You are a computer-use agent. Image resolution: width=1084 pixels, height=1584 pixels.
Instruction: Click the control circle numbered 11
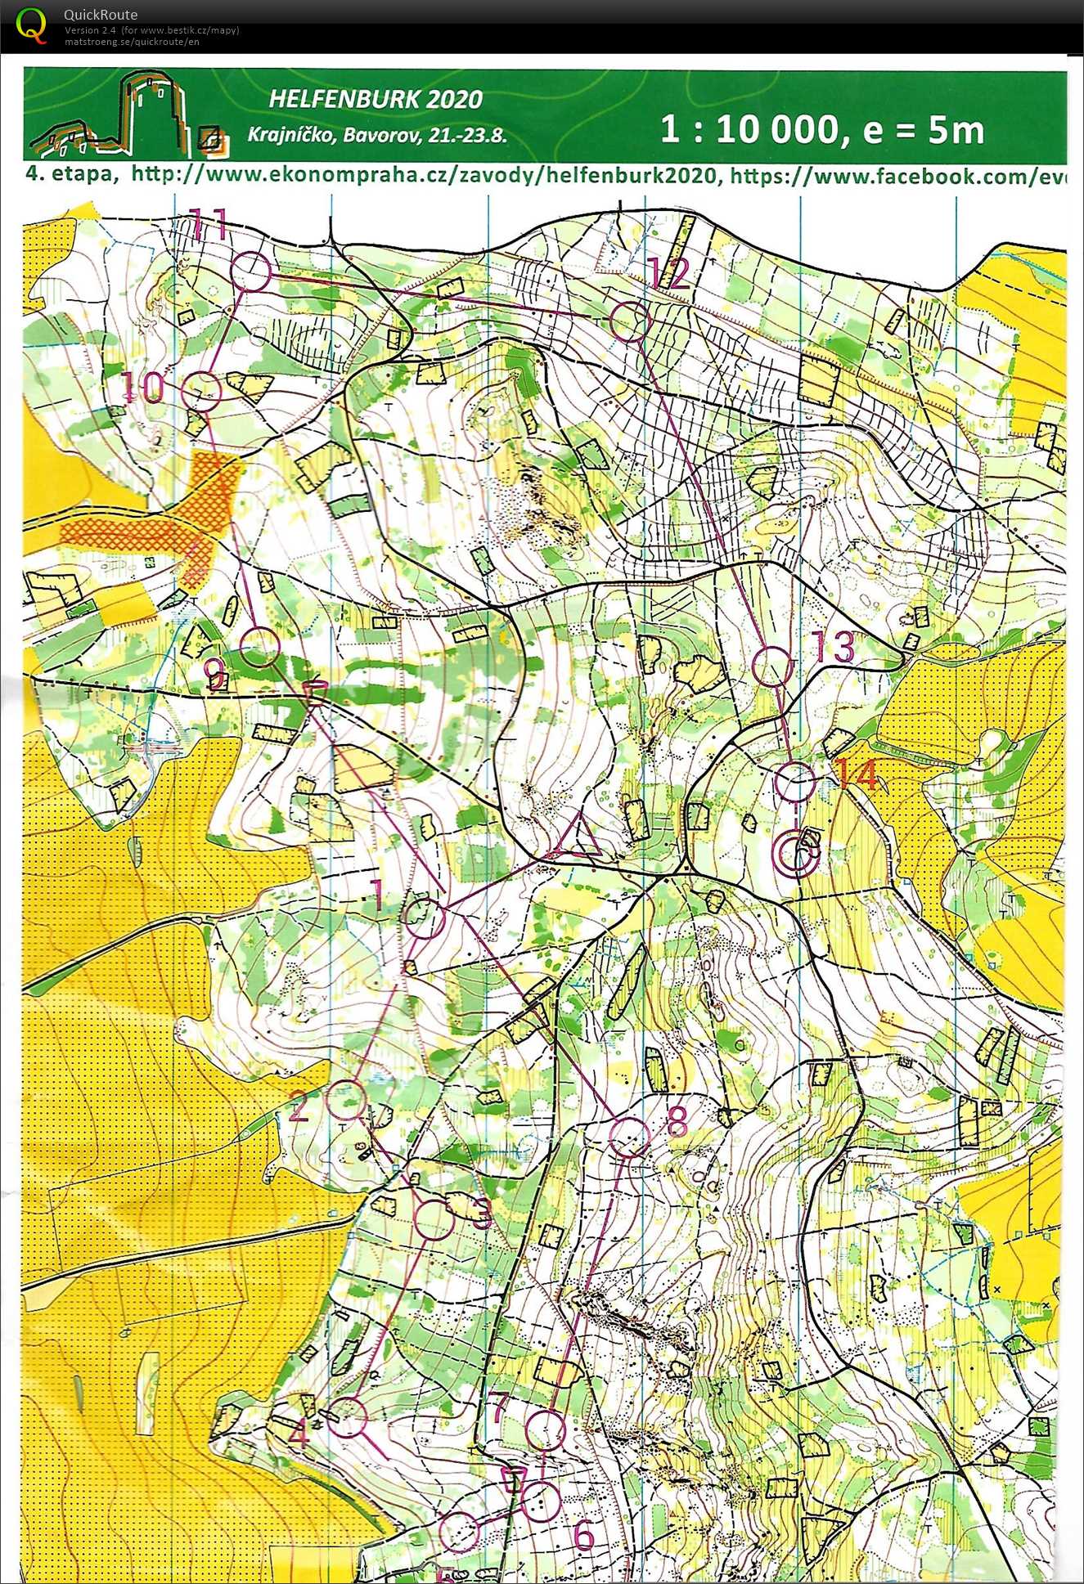click(x=251, y=271)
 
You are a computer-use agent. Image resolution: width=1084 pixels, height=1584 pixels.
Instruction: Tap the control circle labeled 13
click(x=772, y=666)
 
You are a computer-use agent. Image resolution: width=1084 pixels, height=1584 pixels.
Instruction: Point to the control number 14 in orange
click(x=857, y=774)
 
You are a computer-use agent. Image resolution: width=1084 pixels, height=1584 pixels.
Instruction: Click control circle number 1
click(x=425, y=918)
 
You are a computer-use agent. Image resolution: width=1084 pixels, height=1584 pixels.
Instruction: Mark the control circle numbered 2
click(x=345, y=1099)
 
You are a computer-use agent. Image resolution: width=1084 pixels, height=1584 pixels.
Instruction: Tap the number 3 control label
click(x=483, y=1214)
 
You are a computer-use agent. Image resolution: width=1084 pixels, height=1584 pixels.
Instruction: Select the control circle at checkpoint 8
click(x=630, y=1137)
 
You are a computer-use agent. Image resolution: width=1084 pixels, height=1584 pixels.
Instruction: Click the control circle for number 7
click(x=545, y=1430)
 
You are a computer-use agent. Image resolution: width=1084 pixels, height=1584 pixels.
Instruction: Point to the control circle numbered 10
click(x=201, y=391)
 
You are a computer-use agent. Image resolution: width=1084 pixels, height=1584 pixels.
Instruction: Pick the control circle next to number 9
click(x=261, y=647)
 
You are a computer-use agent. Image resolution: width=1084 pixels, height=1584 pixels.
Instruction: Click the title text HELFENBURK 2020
click(x=376, y=100)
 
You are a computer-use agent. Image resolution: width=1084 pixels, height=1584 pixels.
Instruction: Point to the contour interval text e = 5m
click(x=926, y=131)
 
